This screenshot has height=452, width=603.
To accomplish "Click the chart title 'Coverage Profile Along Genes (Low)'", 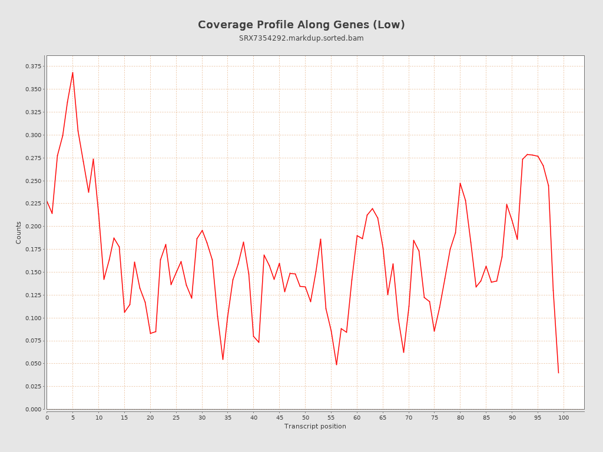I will tap(301, 25).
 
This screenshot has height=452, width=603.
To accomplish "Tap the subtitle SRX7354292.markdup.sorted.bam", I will tap(301, 38).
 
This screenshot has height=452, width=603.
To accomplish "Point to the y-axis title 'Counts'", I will tap(19, 232).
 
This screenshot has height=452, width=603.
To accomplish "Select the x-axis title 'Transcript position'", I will tap(315, 426).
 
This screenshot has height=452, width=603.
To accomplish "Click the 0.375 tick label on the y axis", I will tap(34, 66).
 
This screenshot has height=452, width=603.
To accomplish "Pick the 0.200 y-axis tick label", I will tap(34, 227).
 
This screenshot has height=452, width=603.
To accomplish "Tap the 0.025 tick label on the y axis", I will tap(34, 387).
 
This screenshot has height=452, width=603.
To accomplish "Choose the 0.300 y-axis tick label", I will tap(34, 135).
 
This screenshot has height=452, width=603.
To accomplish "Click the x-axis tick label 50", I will tap(306, 417).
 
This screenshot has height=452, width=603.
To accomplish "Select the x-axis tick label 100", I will tap(564, 417).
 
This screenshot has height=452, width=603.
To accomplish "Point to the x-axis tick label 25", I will tap(176, 417).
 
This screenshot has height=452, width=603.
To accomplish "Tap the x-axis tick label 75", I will tap(435, 417).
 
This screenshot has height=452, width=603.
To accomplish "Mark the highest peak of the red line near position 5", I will tap(72, 72).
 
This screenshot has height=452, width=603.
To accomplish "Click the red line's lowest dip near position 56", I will tap(336, 365).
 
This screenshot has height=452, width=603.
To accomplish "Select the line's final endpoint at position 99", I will tap(558, 373).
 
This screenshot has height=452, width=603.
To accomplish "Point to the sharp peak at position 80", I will tap(460, 183).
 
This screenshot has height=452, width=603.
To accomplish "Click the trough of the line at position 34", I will tap(223, 360).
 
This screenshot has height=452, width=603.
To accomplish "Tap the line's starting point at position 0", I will tap(47, 201).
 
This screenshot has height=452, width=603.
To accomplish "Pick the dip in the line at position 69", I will tap(403, 353).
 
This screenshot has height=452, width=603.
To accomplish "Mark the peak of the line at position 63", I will tap(372, 208).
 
